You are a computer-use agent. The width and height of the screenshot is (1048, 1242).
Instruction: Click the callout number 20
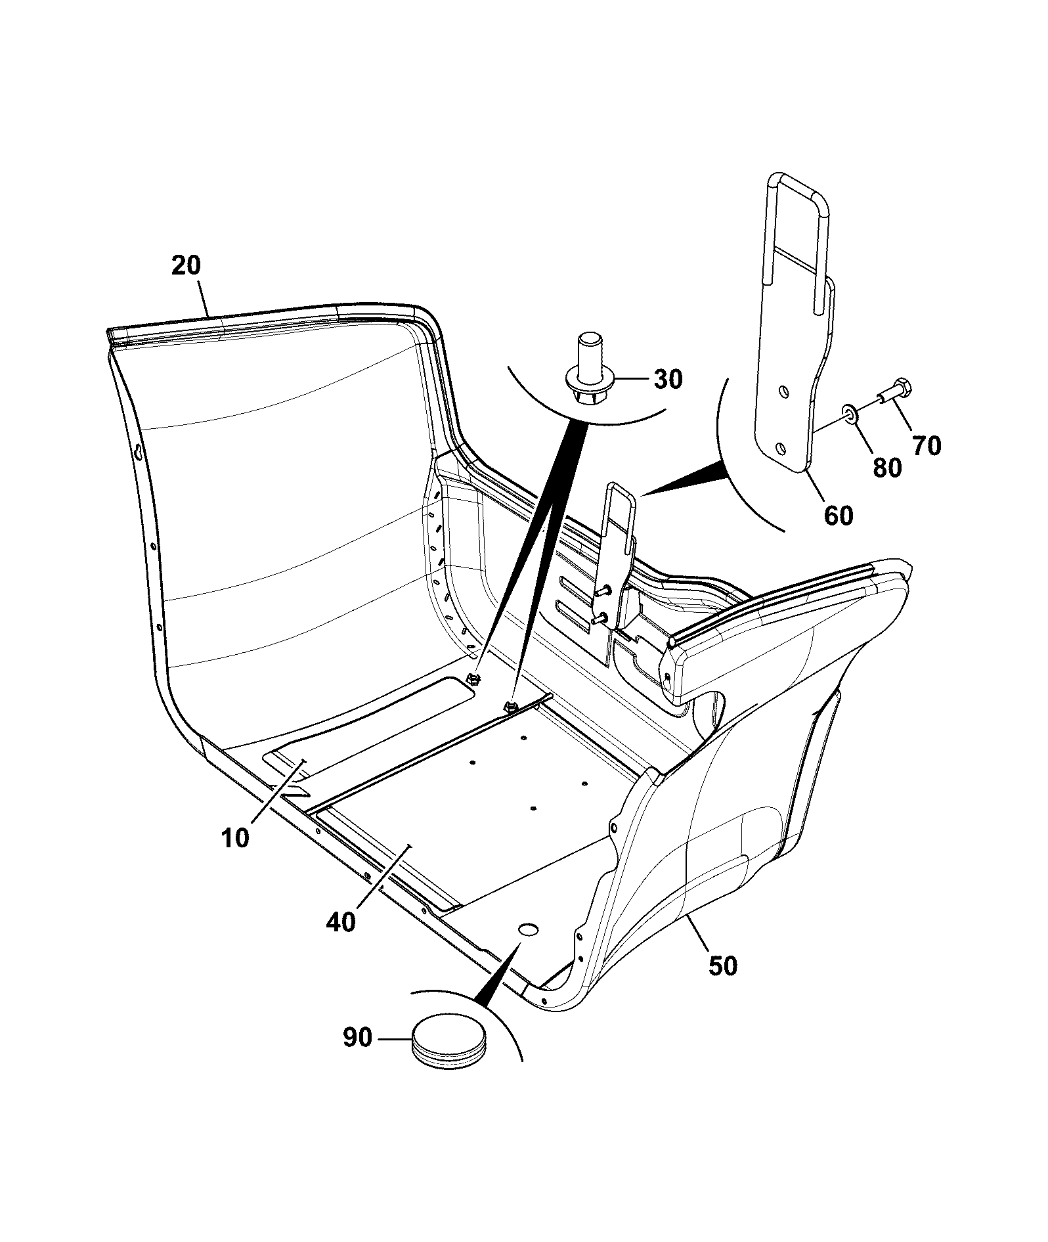click(x=186, y=266)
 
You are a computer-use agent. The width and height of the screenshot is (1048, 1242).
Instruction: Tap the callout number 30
click(x=668, y=379)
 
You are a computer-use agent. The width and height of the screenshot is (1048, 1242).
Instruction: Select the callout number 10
click(x=235, y=839)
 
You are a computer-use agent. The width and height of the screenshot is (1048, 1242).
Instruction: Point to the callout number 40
click(x=341, y=921)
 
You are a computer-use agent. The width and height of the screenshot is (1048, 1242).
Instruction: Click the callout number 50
click(x=723, y=966)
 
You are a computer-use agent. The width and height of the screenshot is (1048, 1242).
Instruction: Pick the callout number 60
click(x=839, y=515)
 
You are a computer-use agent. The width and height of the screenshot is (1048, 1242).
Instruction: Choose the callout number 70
click(x=927, y=446)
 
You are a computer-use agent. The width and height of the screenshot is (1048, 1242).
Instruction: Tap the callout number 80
click(x=887, y=468)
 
